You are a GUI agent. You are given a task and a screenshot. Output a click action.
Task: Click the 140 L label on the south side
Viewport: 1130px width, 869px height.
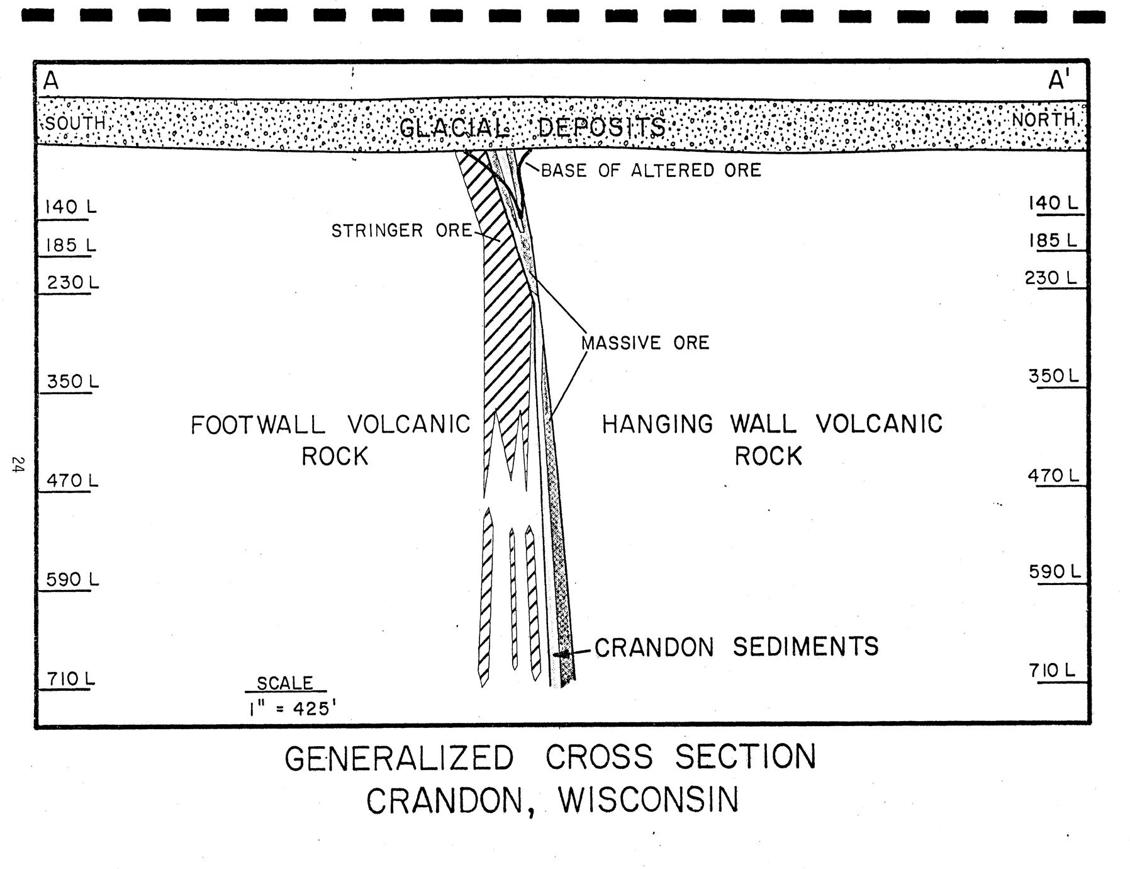(x=70, y=207)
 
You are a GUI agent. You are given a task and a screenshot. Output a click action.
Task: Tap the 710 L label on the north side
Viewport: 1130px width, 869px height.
(x=1054, y=671)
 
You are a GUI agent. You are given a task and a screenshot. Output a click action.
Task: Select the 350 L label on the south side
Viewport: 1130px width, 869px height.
(x=72, y=382)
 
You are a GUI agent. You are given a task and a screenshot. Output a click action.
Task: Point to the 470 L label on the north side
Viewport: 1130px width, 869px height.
(x=1054, y=475)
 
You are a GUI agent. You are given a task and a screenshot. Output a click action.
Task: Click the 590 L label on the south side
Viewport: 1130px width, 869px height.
(x=72, y=579)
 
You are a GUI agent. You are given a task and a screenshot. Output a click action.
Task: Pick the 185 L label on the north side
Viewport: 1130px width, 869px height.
(x=1053, y=241)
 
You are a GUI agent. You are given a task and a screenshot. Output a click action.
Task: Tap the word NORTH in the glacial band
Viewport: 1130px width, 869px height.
(x=1044, y=120)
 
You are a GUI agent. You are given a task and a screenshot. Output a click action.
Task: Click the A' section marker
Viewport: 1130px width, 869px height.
(x=1058, y=81)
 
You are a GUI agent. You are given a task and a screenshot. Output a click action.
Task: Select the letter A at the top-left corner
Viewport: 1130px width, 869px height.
(x=51, y=81)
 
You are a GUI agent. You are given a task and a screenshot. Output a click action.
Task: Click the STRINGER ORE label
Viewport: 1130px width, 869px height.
(x=401, y=231)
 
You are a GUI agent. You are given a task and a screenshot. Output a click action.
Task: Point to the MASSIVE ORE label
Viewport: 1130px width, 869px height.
(x=645, y=343)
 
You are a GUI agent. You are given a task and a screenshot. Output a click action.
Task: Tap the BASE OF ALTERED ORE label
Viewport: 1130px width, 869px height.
(x=651, y=171)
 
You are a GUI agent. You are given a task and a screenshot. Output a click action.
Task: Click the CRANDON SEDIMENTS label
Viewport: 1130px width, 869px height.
(x=736, y=647)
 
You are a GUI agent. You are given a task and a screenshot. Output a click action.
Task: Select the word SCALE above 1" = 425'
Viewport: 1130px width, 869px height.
(x=285, y=683)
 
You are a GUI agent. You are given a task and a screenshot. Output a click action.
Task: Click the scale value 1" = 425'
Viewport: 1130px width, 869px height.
(x=289, y=709)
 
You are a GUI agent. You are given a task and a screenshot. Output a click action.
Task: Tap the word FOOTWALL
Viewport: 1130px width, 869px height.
(x=258, y=425)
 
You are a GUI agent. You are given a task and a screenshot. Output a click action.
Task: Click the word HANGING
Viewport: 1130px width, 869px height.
(x=657, y=424)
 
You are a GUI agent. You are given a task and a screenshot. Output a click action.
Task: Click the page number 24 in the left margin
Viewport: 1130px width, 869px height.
(x=17, y=465)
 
